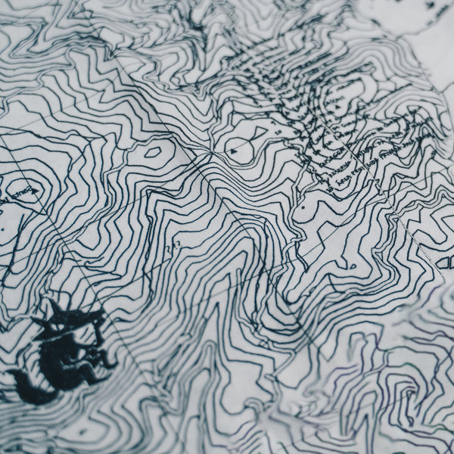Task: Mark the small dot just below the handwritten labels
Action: (303, 206)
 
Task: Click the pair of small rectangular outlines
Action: (446, 262)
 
